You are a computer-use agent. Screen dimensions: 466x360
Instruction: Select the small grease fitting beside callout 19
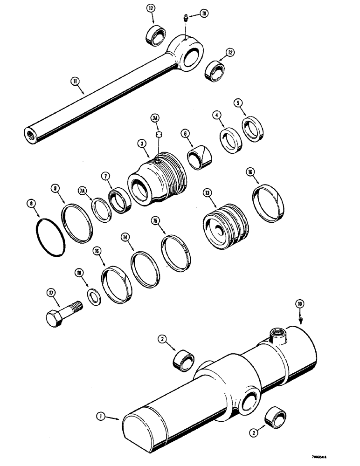pyautogui.click(x=185, y=19)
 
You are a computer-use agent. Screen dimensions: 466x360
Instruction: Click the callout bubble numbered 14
pyautogui.click(x=125, y=237)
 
